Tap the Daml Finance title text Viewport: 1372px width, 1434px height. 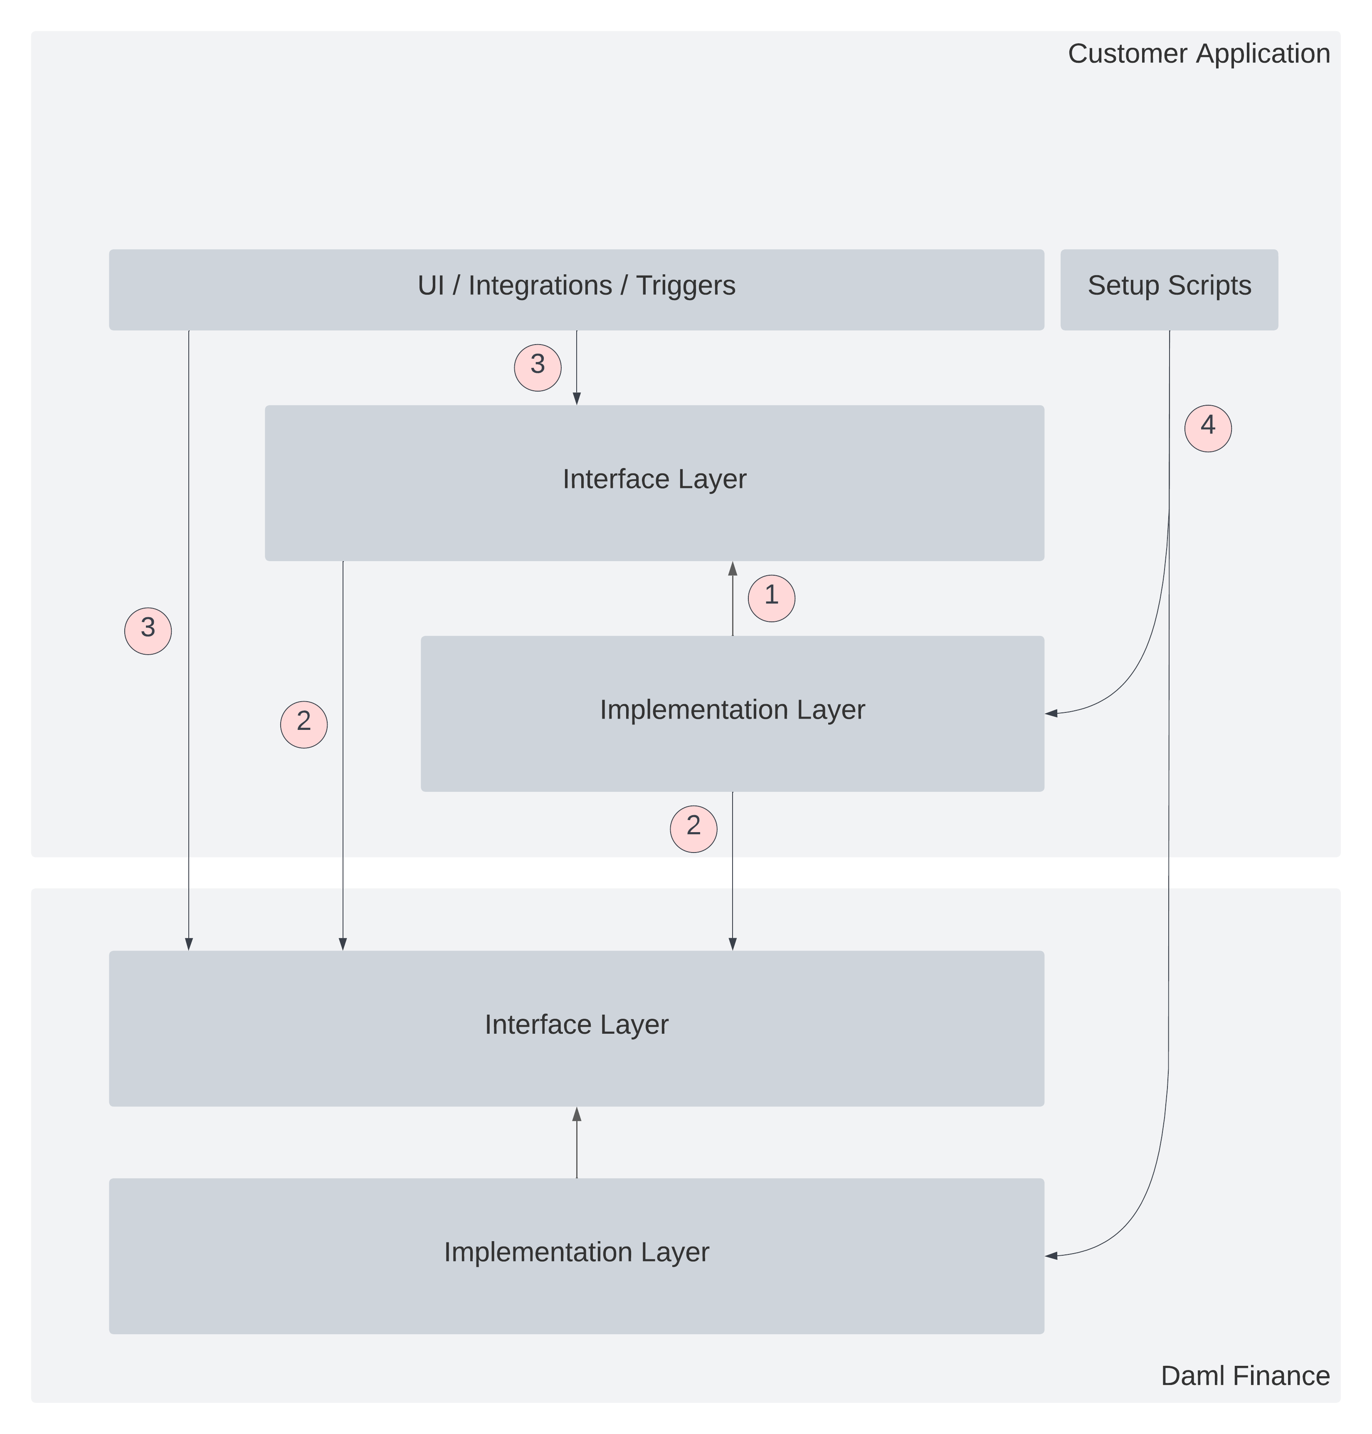1245,1375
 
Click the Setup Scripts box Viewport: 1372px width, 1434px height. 1169,290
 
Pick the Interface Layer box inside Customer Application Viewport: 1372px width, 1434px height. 654,483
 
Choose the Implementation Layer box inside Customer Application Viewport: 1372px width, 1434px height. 732,713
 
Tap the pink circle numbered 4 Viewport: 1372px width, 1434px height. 1207,428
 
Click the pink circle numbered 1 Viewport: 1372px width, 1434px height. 771,598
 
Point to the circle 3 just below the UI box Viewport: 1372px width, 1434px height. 538,367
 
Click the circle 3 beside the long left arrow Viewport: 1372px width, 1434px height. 148,631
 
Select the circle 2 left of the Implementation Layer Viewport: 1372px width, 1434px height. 304,724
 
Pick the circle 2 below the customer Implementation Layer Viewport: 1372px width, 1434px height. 693,828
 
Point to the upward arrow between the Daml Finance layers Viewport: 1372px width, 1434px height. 576,1141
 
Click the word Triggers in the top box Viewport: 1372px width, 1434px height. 685,285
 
